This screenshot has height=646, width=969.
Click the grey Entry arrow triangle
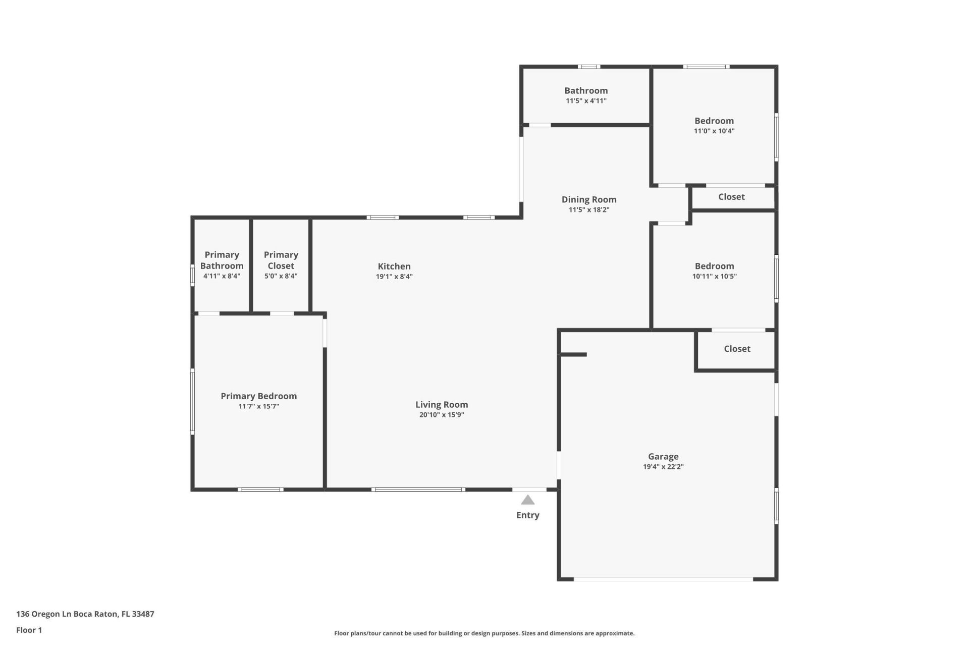click(527, 500)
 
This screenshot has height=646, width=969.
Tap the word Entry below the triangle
click(527, 515)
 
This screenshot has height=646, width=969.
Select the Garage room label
click(663, 456)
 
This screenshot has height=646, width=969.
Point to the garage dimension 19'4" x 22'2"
click(663, 467)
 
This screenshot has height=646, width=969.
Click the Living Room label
click(442, 404)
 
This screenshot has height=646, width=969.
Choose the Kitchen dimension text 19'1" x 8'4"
click(394, 277)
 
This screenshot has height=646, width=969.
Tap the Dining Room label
click(588, 199)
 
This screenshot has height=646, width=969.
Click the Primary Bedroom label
click(258, 396)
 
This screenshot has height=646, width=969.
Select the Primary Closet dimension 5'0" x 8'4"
click(281, 276)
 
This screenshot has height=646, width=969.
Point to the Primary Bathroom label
click(222, 260)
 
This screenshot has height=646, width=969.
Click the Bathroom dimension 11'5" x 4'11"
click(586, 101)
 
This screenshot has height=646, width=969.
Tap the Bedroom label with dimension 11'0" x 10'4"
click(714, 121)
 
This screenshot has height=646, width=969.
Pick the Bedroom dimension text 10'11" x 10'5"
click(714, 277)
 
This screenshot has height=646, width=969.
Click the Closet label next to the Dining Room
click(731, 197)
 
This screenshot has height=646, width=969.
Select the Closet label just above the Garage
click(737, 349)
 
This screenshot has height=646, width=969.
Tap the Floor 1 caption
click(29, 630)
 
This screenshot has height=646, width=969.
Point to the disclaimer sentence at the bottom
click(484, 633)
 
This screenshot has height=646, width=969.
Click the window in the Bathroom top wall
click(588, 67)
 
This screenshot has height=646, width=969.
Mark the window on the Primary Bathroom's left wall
click(192, 276)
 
